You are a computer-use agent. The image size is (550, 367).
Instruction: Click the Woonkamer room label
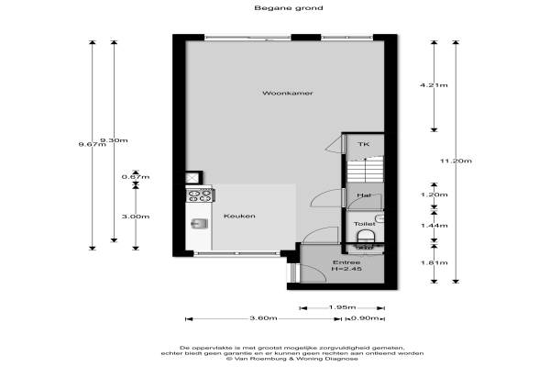pyautogui.click(x=288, y=93)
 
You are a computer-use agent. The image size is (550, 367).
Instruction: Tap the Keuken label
pyautogui.click(x=239, y=216)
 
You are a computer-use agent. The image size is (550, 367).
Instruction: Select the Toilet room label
pyautogui.click(x=365, y=224)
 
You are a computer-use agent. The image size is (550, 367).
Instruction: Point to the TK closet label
pyautogui.click(x=363, y=144)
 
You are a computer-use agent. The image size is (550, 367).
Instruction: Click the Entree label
pyautogui.click(x=346, y=262)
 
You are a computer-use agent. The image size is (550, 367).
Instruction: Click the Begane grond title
pyautogui.click(x=289, y=7)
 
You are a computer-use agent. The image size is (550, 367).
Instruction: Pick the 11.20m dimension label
pyautogui.click(x=456, y=161)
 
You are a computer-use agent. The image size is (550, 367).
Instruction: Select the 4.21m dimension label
pyautogui.click(x=434, y=85)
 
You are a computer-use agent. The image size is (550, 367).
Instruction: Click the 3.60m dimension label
pyautogui.click(x=263, y=318)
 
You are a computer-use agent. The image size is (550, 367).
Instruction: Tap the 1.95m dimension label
pyautogui.click(x=342, y=307)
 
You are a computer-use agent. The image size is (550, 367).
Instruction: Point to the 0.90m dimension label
pyautogui.click(x=365, y=318)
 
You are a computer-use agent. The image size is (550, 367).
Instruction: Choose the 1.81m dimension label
pyautogui.click(x=434, y=262)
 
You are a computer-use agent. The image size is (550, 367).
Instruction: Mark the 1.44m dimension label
pyautogui.click(x=434, y=226)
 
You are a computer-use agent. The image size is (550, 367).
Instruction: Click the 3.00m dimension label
pyautogui.click(x=136, y=217)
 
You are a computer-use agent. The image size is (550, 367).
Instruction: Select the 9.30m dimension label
pyautogui.click(x=115, y=140)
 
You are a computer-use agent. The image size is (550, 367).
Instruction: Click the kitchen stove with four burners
pyautogui.click(x=200, y=195)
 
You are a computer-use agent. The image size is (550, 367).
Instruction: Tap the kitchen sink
pyautogui.click(x=200, y=223)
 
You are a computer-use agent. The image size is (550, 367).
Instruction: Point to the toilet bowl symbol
pyautogui.click(x=366, y=236)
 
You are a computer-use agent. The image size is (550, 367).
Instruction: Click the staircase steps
pyautogui.click(x=365, y=170)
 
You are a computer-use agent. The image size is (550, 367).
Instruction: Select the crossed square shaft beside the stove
pyautogui.click(x=192, y=178)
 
